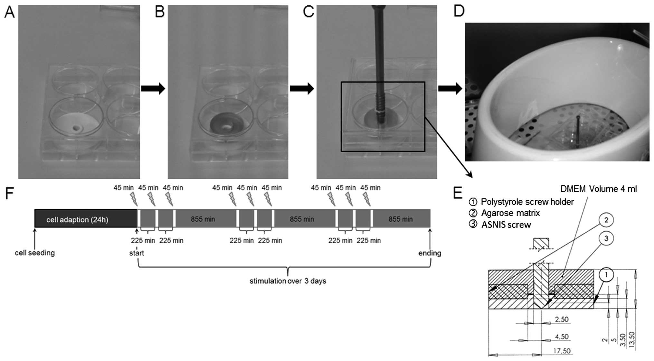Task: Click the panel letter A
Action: click(9, 13)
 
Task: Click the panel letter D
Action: click(459, 11)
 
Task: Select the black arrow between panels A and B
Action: click(153, 88)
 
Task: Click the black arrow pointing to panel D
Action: click(450, 88)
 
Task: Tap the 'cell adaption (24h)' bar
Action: click(77, 220)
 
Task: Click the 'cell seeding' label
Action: click(35, 253)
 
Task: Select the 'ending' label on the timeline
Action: click(430, 253)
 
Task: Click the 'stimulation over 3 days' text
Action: click(288, 281)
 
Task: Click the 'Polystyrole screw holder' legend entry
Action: click(527, 202)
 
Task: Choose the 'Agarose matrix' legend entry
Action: click(510, 213)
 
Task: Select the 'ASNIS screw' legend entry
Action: click(506, 225)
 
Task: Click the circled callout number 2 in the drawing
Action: click(606, 220)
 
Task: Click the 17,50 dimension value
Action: click(562, 350)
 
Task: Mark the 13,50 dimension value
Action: click(632, 340)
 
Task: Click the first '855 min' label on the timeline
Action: click(203, 219)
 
